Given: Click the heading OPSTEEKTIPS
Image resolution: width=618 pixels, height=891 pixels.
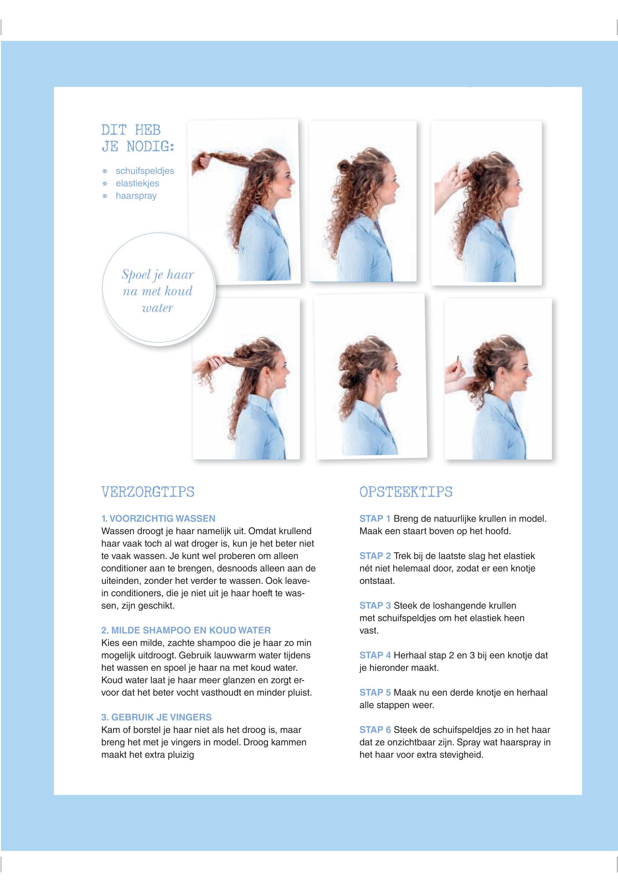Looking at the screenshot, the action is (406, 492).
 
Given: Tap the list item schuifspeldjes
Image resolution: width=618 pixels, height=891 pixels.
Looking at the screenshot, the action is (145, 171).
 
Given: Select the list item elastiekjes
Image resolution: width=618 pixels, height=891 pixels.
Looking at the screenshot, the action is (137, 183).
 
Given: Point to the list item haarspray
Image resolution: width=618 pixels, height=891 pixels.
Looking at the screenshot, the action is (136, 196).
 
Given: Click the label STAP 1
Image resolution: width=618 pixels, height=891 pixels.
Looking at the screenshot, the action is (375, 519).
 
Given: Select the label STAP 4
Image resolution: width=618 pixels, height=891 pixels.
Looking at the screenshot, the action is (375, 655).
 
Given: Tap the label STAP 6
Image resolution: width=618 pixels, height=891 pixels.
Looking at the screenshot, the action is (375, 730).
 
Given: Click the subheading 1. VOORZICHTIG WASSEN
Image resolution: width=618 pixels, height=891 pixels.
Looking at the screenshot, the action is (158, 519).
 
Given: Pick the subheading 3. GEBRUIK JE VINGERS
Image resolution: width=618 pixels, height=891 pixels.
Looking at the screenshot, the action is (156, 717).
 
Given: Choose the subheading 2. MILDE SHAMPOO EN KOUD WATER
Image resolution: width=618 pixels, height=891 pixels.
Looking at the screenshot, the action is (186, 630).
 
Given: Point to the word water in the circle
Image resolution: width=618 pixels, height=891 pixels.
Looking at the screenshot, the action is (157, 308).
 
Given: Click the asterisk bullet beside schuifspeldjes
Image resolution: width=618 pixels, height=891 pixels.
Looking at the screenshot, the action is (104, 171).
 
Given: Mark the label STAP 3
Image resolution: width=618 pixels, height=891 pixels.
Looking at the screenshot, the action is (375, 605).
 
